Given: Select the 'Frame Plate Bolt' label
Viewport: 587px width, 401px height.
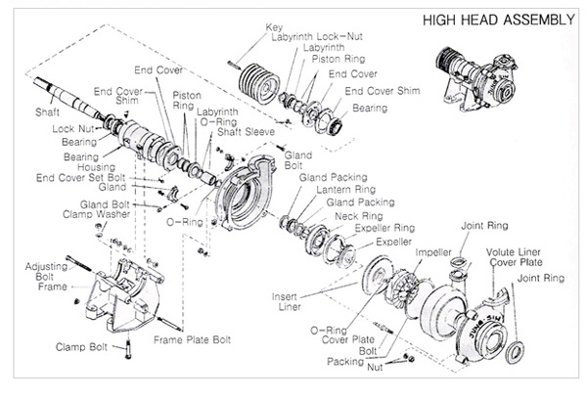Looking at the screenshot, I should point(191,340).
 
